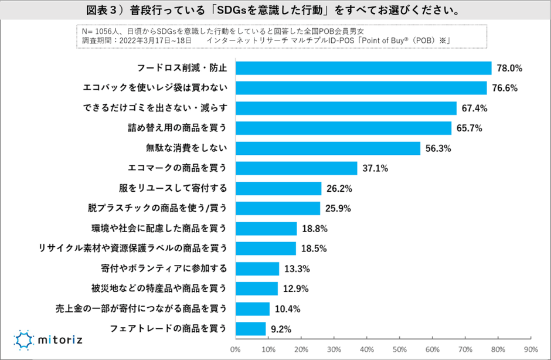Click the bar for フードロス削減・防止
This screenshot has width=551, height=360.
363,68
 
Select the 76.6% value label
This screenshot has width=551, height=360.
508,89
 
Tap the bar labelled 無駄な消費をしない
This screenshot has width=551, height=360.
328,148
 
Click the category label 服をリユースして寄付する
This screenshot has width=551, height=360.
174,189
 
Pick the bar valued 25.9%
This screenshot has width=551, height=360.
278,209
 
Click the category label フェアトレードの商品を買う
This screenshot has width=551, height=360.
168,328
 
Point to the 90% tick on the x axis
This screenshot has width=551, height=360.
530,350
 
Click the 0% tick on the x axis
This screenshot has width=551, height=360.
236,350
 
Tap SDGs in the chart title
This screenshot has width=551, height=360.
229,11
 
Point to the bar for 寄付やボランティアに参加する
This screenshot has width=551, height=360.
257,269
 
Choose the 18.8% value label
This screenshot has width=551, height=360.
314,229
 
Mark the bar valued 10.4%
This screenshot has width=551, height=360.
252,309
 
